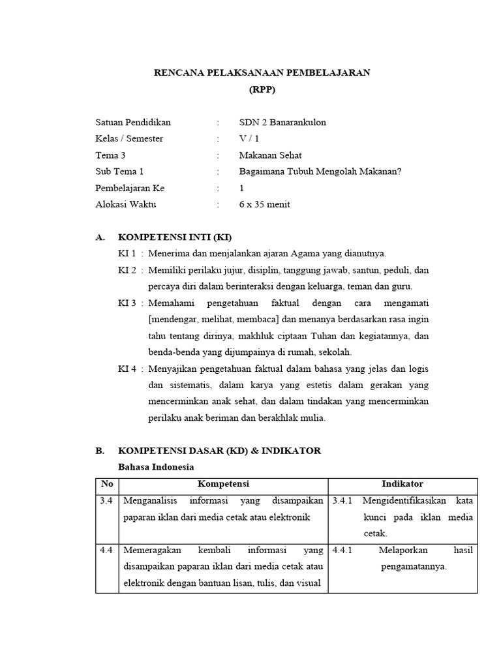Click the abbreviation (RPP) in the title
tap(262, 90)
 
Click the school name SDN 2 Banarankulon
tap(282, 122)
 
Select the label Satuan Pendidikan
tap(133, 122)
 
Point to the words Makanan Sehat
tap(270, 155)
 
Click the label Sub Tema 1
tap(119, 172)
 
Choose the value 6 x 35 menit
tap(265, 204)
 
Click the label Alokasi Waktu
tap(126, 204)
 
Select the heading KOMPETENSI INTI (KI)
tap(174, 237)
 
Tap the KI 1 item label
tap(127, 253)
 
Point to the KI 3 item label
tap(127, 303)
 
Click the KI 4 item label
tap(127, 369)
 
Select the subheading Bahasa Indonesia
tap(155, 467)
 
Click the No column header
tap(106, 484)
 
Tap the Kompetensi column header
tap(224, 484)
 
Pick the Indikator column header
tap(402, 484)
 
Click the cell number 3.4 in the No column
tap(106, 501)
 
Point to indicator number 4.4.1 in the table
tap(342, 550)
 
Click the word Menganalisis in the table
tap(149, 501)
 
